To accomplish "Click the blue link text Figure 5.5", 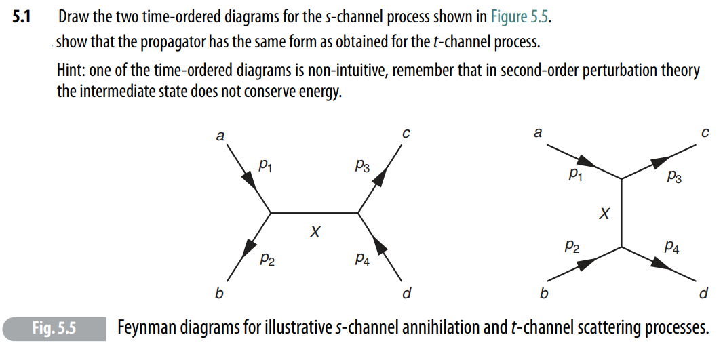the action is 517,17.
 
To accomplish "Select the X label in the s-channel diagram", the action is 314,233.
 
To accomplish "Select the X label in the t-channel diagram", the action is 604,214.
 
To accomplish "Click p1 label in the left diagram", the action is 267,164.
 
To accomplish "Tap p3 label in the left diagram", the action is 361,165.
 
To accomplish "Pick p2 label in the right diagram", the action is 572,248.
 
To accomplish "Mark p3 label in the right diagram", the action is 674,177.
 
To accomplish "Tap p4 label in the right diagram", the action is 672,248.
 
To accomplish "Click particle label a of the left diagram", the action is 219,136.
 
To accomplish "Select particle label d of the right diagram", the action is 703,294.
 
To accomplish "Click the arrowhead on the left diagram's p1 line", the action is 245,180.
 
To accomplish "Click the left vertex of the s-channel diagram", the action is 271,213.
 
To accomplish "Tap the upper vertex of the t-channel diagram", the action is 622,178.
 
